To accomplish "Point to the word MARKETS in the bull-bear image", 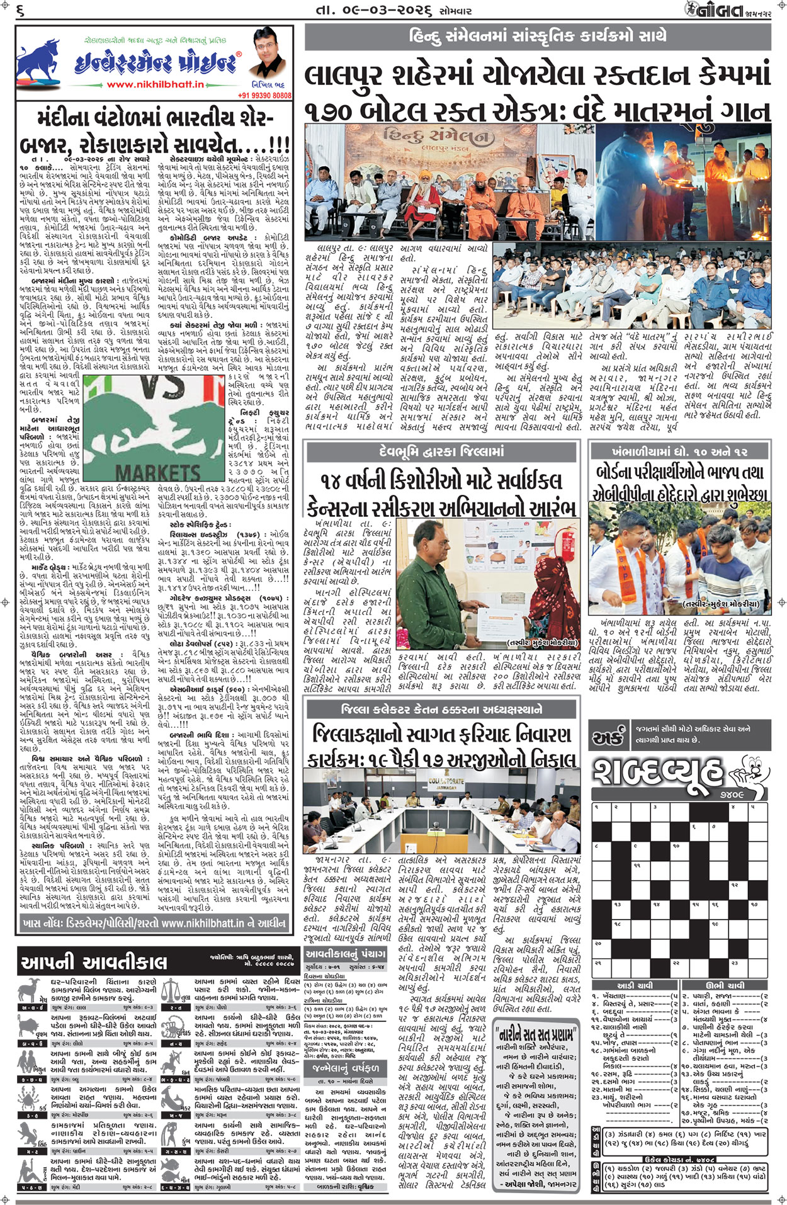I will pyautogui.click(x=159, y=471).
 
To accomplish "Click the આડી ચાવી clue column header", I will pyautogui.click(x=635, y=985).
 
